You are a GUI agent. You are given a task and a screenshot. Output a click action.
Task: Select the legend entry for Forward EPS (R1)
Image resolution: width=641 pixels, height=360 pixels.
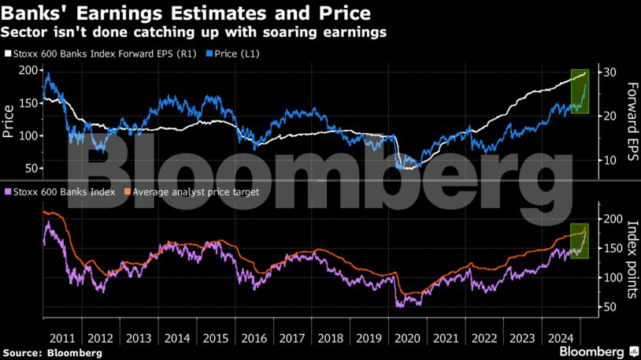[101, 54]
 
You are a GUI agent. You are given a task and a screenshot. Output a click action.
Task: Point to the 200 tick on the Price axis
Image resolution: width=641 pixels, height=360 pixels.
[28, 70]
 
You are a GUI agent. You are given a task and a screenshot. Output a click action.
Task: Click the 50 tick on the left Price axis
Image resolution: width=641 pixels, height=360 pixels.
[31, 169]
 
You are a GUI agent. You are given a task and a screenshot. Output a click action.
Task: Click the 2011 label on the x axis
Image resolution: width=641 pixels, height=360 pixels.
[61, 337]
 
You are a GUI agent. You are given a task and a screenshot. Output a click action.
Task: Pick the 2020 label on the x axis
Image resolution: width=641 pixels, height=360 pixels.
[408, 337]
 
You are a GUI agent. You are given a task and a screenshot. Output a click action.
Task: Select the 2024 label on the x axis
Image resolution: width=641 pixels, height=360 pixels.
[561, 337]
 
